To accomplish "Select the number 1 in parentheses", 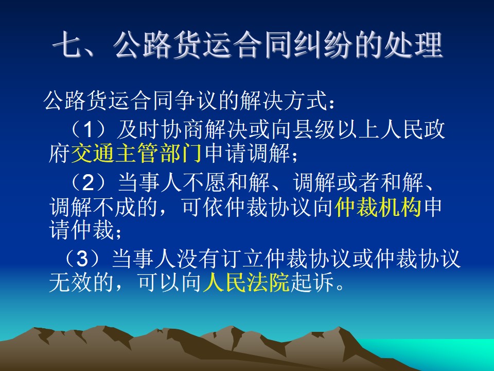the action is click(x=89, y=130).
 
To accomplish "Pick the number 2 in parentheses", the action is click(x=88, y=182).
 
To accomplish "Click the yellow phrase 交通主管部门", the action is click(x=136, y=154).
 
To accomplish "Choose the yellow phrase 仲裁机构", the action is click(x=378, y=207).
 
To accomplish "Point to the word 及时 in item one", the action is click(x=138, y=130).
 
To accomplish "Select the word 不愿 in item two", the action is click(x=204, y=182).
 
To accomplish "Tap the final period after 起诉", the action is click(x=340, y=287).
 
